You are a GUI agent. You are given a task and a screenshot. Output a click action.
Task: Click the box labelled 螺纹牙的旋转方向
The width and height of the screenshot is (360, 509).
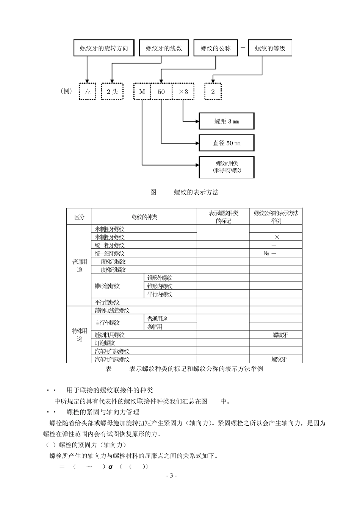click(x=104, y=48)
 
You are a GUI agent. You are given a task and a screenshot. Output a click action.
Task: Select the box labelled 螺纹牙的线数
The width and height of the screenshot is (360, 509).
click(x=164, y=48)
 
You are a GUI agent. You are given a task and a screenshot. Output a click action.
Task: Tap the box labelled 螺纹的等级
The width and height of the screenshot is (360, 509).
click(x=270, y=48)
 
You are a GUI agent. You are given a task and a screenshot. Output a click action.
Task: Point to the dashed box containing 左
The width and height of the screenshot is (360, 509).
click(x=88, y=92)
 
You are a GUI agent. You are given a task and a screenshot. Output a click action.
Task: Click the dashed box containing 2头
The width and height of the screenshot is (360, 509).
click(x=112, y=92)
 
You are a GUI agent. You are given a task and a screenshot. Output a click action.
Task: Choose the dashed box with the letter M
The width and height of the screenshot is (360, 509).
click(x=142, y=92)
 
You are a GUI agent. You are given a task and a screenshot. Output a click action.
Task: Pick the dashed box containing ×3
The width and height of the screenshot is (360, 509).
click(x=183, y=92)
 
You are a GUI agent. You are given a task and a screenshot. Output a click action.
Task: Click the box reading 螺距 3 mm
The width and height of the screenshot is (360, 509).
click(x=227, y=121)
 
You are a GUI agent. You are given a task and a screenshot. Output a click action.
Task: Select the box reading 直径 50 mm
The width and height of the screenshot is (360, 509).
click(x=227, y=143)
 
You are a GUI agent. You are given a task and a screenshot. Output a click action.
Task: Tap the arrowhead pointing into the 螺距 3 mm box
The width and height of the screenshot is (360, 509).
click(x=197, y=121)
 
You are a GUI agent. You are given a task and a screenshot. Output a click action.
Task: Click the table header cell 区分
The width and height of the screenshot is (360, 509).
click(x=79, y=217)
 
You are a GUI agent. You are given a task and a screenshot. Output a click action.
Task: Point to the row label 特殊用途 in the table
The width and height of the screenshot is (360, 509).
click(x=79, y=334)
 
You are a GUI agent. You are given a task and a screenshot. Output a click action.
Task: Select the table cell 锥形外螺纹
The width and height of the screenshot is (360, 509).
click(x=160, y=278)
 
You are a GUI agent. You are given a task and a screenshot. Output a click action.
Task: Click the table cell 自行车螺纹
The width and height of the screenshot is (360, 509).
click(x=107, y=323)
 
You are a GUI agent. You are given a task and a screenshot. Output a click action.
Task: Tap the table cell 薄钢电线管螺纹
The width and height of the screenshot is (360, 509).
click(x=112, y=311)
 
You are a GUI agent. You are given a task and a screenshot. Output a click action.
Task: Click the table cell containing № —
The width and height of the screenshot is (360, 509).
click(x=270, y=253)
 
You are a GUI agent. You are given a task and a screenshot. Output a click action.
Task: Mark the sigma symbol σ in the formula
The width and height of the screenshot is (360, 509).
click(x=111, y=467)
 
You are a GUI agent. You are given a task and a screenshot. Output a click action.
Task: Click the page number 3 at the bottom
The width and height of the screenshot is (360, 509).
click(x=171, y=476)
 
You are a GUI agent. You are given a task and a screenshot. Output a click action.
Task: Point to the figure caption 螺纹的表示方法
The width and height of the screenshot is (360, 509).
click(x=196, y=192)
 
